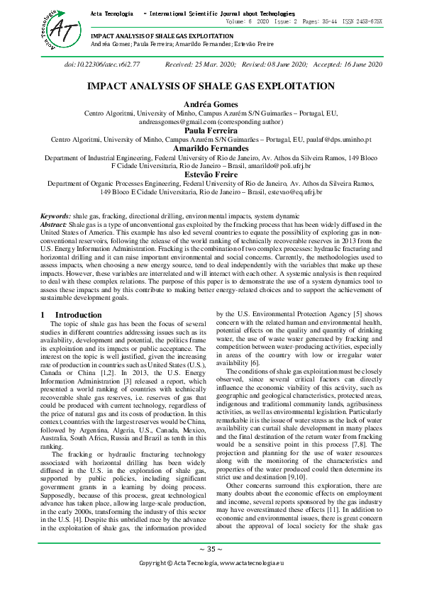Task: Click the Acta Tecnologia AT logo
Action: point(48,27)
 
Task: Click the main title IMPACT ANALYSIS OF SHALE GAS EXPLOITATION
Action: point(211,86)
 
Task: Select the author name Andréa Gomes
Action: point(211,104)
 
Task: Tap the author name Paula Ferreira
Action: point(211,130)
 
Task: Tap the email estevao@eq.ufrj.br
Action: point(292,191)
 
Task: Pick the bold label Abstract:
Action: point(53,223)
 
